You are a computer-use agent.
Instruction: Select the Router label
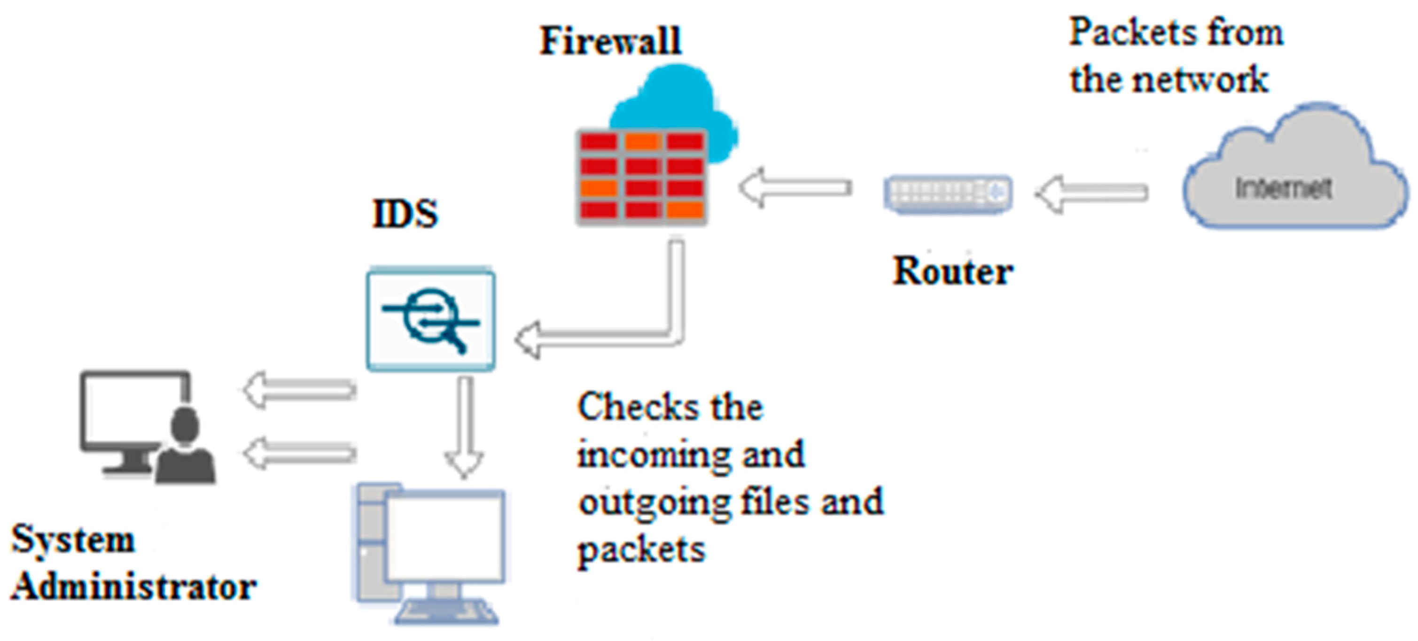[x=952, y=272]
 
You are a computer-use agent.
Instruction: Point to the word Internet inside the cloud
[x=1283, y=189]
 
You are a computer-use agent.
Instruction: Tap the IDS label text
[x=405, y=214]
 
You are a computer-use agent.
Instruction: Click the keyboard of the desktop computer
[x=446, y=612]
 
